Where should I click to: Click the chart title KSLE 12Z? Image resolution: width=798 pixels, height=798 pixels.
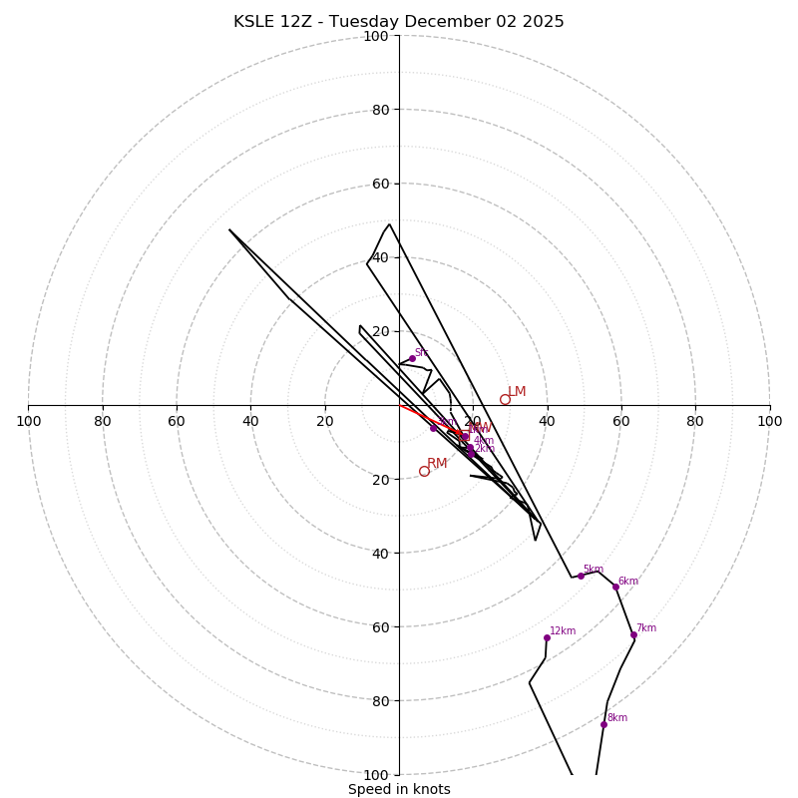coord(398,22)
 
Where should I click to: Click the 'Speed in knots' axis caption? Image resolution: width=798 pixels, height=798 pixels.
coord(399,789)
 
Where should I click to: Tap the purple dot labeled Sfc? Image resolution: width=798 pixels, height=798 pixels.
coord(412,358)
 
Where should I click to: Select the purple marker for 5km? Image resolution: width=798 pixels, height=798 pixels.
coord(581,576)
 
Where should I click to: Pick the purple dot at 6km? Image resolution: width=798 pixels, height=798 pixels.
coord(615,587)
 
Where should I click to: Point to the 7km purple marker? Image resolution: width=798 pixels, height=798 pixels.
coord(633,634)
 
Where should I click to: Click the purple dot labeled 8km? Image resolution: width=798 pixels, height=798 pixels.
coord(603,724)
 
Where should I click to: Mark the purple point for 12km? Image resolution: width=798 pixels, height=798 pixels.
coord(547,637)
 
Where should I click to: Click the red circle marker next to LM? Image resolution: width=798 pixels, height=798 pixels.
coord(505,399)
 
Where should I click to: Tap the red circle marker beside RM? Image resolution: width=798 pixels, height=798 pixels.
coord(424,471)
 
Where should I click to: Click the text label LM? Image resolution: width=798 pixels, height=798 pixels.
coord(517,392)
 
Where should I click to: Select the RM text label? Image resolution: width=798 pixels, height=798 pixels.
coord(437,464)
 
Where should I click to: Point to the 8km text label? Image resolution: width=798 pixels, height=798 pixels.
coord(617,718)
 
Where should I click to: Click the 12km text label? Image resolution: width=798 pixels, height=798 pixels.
coord(563,631)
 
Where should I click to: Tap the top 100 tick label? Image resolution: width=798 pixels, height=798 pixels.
coord(376,36)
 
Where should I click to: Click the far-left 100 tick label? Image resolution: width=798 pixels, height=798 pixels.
coord(28,421)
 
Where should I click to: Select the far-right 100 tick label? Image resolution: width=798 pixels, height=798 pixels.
coord(769,421)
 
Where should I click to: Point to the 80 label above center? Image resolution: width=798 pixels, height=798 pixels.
coord(379,110)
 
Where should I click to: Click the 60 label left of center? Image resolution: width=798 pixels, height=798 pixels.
coord(177,421)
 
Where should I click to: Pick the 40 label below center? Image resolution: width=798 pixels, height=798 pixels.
coord(379,553)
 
